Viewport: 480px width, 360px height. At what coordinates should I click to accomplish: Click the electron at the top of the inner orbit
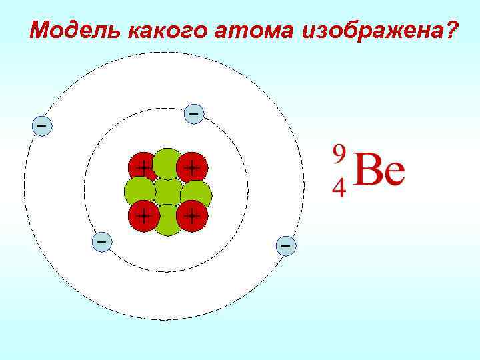point(193,114)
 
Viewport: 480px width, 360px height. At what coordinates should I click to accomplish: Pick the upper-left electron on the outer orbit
point(41,125)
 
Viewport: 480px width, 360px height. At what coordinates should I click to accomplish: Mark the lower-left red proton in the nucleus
point(142,215)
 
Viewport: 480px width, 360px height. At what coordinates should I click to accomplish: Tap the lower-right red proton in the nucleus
point(193,215)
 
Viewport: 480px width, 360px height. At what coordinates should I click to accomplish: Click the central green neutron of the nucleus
point(168,192)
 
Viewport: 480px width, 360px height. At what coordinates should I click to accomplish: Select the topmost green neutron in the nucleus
point(167,163)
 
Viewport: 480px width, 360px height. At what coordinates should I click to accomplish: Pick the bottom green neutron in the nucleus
point(168,221)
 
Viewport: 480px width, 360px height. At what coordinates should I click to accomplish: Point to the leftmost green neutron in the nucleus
point(139,192)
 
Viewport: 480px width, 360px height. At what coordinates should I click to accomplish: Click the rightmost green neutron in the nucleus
point(197,193)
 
